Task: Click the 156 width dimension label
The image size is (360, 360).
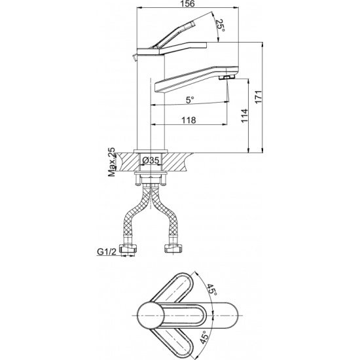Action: click(x=187, y=4)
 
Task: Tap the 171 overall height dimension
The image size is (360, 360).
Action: click(x=259, y=97)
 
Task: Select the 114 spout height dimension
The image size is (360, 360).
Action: click(x=245, y=115)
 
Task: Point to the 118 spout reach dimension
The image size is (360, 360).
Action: click(x=189, y=120)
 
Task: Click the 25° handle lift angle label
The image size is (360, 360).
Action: click(x=220, y=26)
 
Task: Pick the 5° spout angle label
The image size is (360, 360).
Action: click(x=190, y=99)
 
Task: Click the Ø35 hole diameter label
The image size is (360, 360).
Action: click(x=151, y=160)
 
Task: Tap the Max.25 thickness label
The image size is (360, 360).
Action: click(x=112, y=162)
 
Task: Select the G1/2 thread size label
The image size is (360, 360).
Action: click(x=107, y=251)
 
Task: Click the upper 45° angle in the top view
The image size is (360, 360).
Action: click(x=211, y=290)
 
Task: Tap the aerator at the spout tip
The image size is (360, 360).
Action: click(x=226, y=77)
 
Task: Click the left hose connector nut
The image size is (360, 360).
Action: click(x=128, y=249)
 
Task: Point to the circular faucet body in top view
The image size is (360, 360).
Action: click(x=151, y=315)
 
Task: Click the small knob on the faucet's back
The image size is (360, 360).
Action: click(x=134, y=58)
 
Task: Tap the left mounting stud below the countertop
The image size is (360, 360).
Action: click(x=137, y=179)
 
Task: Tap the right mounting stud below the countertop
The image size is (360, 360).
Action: click(x=164, y=179)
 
